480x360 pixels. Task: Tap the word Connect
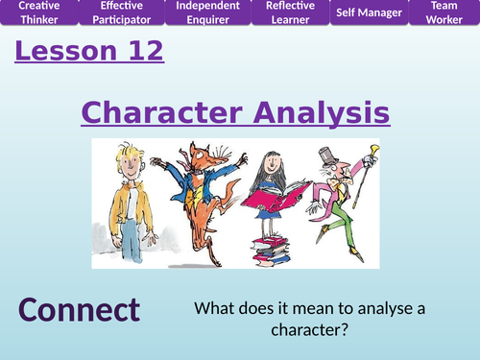coord(79,311)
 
